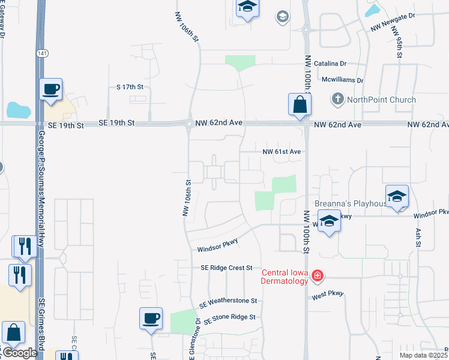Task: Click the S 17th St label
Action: (x=130, y=87)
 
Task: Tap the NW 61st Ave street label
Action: (x=281, y=152)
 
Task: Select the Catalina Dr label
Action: (x=327, y=63)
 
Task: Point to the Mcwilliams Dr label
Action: (x=342, y=80)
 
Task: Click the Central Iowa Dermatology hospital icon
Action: (x=318, y=277)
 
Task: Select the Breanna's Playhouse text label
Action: (x=352, y=203)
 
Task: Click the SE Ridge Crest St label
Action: (x=223, y=268)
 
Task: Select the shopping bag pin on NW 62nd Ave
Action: (x=300, y=105)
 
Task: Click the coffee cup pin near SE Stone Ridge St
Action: (x=151, y=318)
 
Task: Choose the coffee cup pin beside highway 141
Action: (x=50, y=89)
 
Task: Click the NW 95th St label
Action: (x=399, y=46)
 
